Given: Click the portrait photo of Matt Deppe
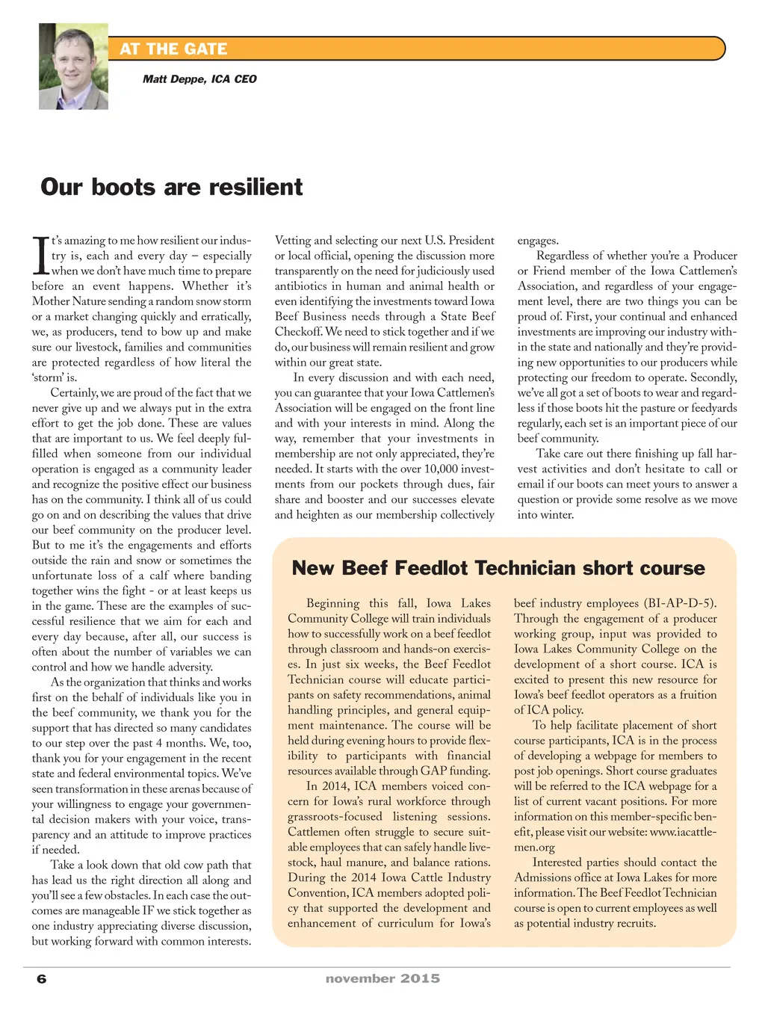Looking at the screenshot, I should pyautogui.click(x=73, y=67).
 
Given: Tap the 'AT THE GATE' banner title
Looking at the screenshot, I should pyautogui.click(x=173, y=49).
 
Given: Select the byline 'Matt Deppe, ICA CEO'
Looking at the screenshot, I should pyautogui.click(x=199, y=79).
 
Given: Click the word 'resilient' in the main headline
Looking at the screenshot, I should pyautogui.click(x=256, y=187).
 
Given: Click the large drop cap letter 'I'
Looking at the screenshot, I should pyautogui.click(x=40, y=256).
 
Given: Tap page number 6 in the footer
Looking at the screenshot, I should pyautogui.click(x=42, y=979).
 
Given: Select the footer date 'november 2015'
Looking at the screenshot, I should pyautogui.click(x=382, y=978).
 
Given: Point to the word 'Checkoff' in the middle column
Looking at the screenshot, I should pyautogui.click(x=297, y=332).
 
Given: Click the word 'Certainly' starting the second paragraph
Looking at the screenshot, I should pyautogui.click(x=73, y=393).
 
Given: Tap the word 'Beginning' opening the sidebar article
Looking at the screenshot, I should pyautogui.click(x=332, y=603).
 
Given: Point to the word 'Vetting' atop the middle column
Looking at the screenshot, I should pyautogui.click(x=293, y=241).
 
